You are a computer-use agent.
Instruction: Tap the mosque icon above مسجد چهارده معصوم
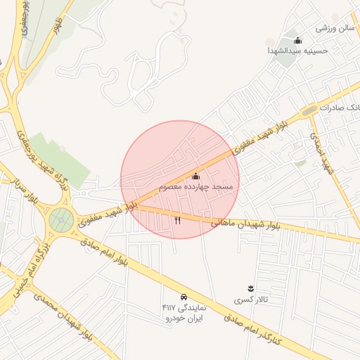pyautogui.click(x=195, y=176)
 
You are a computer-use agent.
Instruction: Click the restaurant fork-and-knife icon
pyautogui.click(x=177, y=220)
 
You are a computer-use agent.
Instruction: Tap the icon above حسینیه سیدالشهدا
pyautogui.click(x=297, y=40)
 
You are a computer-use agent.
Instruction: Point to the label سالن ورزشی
pyautogui.click(x=334, y=29)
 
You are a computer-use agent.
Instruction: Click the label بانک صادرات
pyautogui.click(x=337, y=108)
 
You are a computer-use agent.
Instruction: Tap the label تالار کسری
pyautogui.click(x=251, y=300)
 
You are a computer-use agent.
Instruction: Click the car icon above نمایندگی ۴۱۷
pyautogui.click(x=184, y=296)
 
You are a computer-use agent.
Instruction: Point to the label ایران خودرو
pyautogui.click(x=184, y=319)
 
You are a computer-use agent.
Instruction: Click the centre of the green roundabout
pyautogui.click(x=62, y=220)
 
